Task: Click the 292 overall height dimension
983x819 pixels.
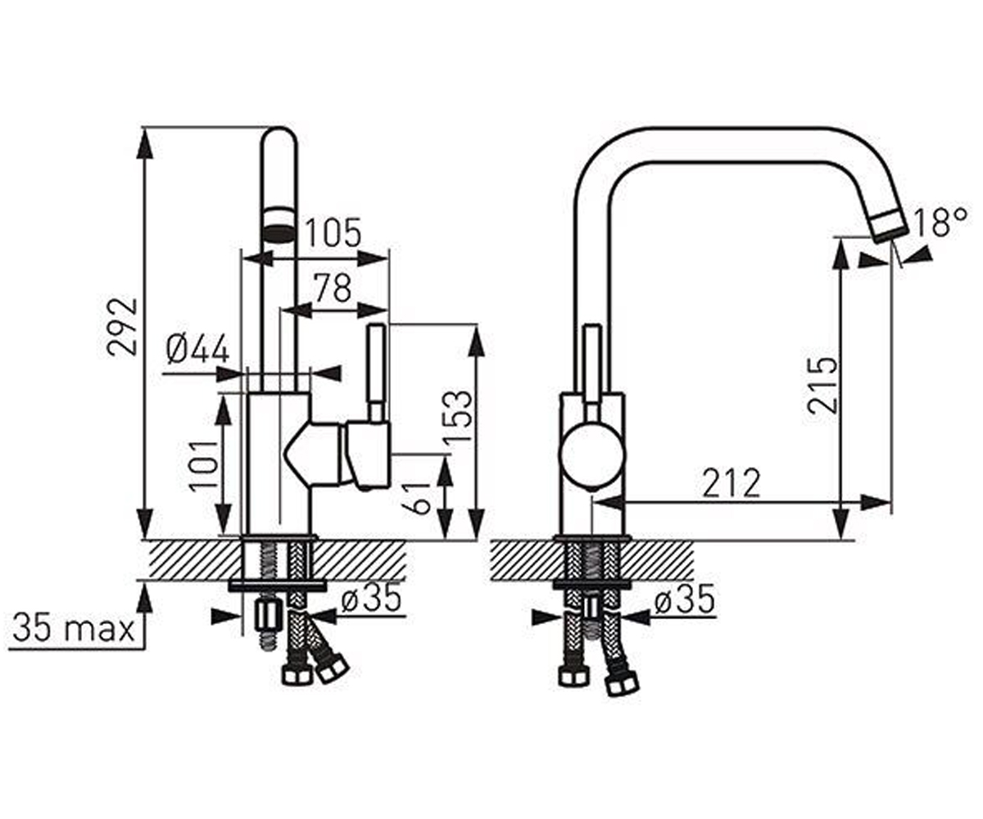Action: pos(122,327)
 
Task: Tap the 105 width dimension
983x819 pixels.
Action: pos(333,233)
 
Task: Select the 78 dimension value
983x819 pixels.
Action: pos(333,287)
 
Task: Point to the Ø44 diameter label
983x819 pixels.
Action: pos(197,349)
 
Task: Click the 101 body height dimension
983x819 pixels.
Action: pos(204,466)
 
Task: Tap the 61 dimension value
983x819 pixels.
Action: pos(417,498)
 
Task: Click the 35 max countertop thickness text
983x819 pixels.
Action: pos(74,628)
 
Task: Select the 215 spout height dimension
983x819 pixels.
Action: pos(822,385)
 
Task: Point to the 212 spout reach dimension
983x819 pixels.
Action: pos(732,482)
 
